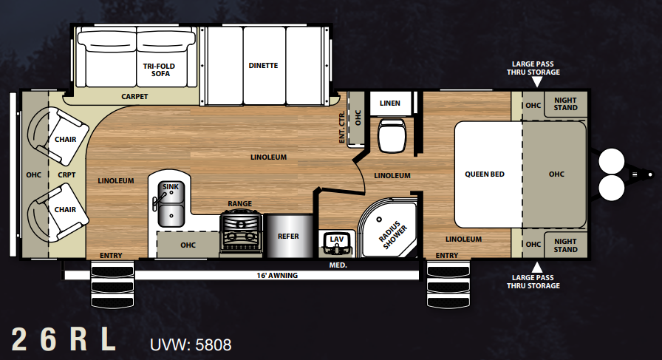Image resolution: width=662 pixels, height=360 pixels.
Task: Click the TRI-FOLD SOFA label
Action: [159, 69]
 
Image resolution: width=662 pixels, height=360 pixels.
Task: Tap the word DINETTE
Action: [263, 66]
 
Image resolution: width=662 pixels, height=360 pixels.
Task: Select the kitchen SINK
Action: [171, 204]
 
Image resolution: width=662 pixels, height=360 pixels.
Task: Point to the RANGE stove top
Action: [241, 234]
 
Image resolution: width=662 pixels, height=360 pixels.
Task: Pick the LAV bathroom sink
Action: [336, 244]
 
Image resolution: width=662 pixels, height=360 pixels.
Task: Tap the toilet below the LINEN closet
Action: [392, 135]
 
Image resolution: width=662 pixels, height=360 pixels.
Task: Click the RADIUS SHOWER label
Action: [392, 234]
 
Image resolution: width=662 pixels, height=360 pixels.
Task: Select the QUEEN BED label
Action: [484, 174]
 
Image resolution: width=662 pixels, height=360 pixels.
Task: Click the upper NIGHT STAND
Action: [565, 104]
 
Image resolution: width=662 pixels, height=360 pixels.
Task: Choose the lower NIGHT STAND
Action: [565, 245]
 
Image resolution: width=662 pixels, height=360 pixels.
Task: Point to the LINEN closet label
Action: [389, 103]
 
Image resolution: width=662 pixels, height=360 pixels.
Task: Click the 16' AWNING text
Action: [277, 276]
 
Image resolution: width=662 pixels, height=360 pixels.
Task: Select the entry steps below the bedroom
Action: [448, 285]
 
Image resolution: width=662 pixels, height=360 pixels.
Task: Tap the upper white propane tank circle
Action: [611, 160]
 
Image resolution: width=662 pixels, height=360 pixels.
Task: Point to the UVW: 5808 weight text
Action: [191, 344]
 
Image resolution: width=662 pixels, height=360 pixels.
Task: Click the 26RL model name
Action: [64, 339]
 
